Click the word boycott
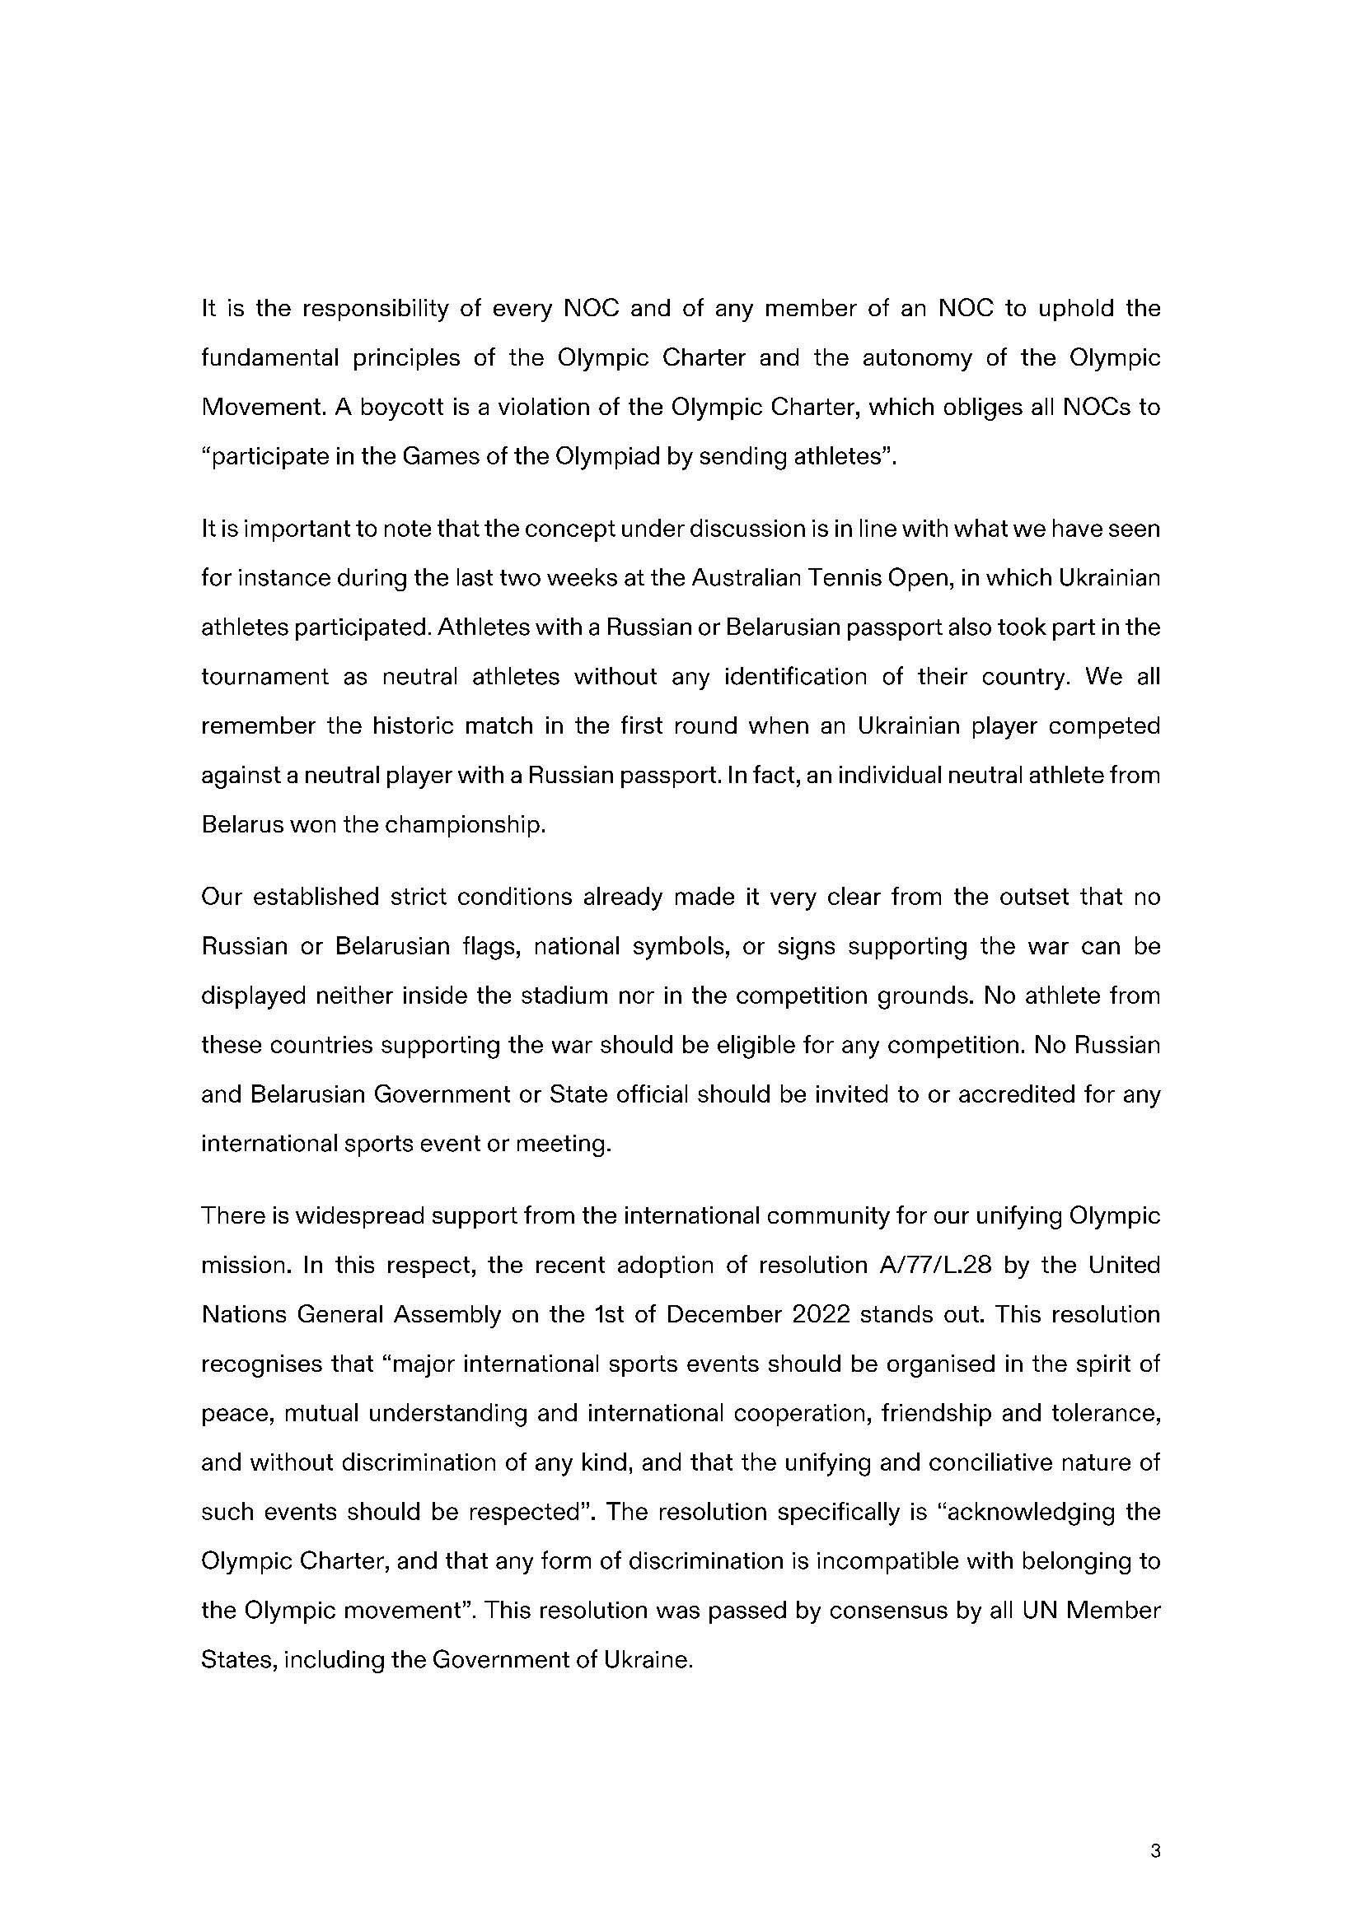tap(396, 408)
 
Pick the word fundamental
tap(268, 358)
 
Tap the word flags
tap(489, 946)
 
